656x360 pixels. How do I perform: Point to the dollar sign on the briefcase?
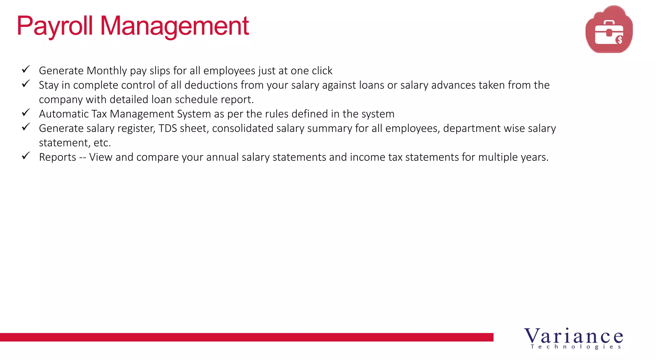619,40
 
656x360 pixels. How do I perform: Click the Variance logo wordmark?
573,336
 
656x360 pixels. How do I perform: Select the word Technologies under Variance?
576,347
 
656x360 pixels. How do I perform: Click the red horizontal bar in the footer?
247,337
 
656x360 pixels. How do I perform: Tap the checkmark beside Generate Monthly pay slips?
26,69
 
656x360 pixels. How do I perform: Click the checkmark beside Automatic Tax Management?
26,112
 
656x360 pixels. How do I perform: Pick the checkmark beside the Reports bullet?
26,156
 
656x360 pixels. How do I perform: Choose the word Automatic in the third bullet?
64,114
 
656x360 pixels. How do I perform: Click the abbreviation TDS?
168,128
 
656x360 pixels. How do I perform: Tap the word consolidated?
242,128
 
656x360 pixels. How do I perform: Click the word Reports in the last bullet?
57,157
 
